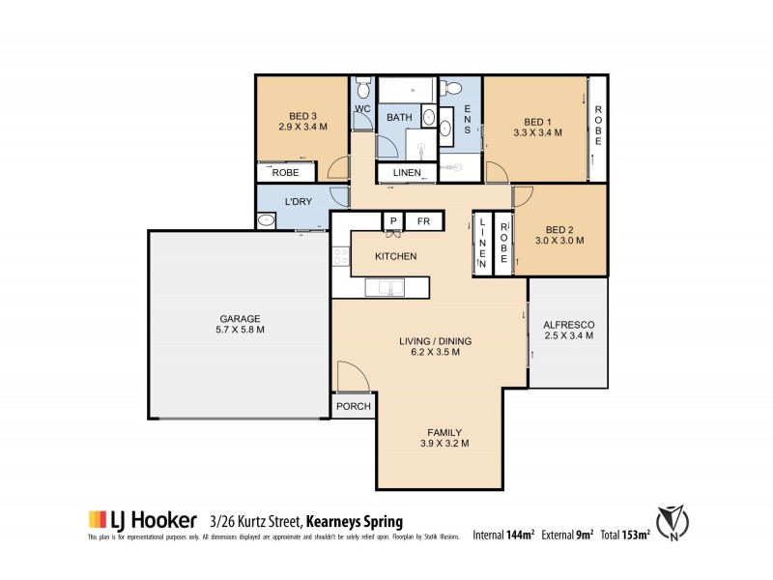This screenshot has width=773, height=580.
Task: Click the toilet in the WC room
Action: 362,86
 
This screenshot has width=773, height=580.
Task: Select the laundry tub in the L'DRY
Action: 268,221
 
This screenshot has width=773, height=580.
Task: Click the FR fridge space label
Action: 423,221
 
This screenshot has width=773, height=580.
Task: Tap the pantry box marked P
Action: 393,221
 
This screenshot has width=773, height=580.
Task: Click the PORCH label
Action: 354,406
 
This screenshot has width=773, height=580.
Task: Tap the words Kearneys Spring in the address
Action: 361,518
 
